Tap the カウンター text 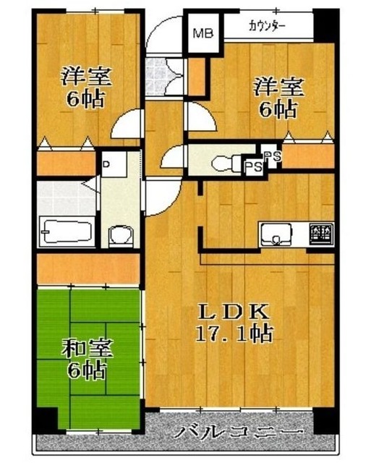coord(267,27)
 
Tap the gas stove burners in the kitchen coord(320,234)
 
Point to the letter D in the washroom coord(106,163)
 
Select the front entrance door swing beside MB coord(163,36)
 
